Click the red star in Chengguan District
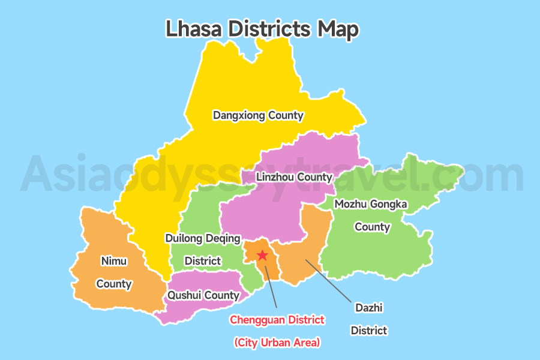(x=262, y=255)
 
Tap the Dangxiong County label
(x=258, y=115)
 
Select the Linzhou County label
(x=293, y=177)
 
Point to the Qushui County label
(x=203, y=295)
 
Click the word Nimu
(x=114, y=261)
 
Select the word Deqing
(x=224, y=238)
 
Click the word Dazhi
(x=368, y=308)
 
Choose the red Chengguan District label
(x=277, y=320)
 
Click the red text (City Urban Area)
(x=277, y=343)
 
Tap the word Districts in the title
(x=268, y=29)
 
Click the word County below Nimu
(x=114, y=284)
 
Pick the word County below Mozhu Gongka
(x=372, y=227)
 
